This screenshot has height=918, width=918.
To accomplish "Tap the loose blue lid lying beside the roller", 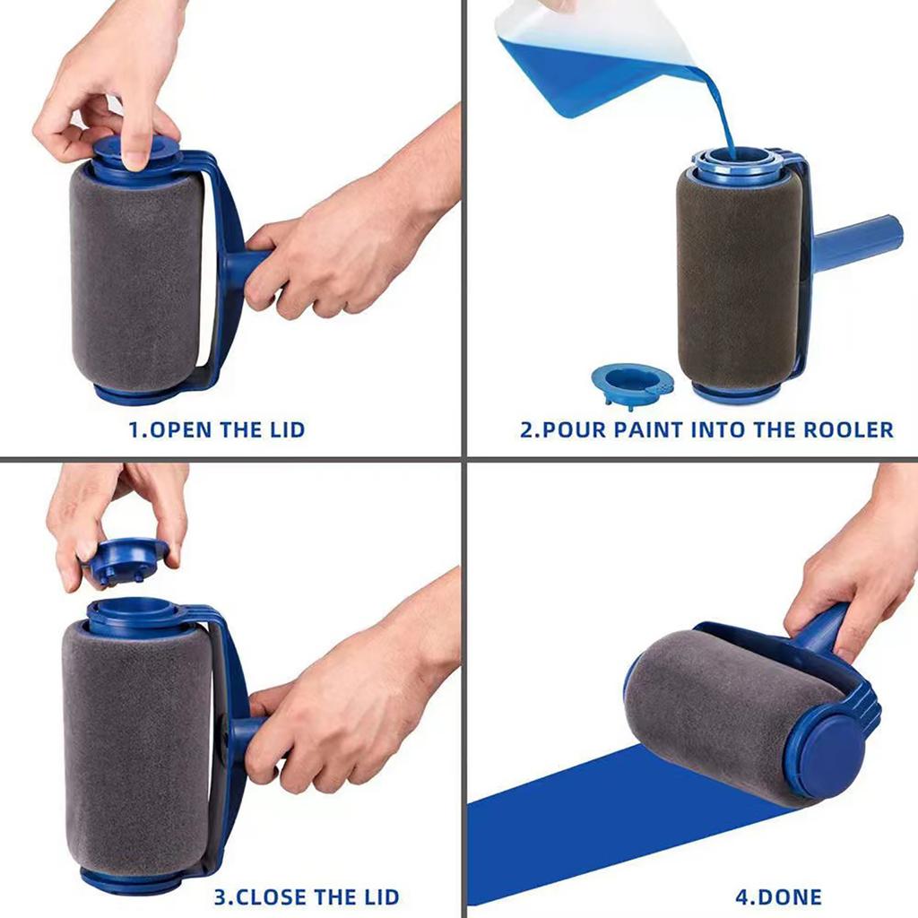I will click(630, 384).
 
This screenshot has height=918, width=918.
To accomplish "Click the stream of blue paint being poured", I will click(724, 117).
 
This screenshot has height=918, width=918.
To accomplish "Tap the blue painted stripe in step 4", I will click(610, 825).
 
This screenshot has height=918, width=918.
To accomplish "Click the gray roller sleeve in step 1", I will click(134, 278).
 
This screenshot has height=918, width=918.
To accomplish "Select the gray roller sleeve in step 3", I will click(134, 753).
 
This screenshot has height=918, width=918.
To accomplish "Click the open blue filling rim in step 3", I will click(134, 614).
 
